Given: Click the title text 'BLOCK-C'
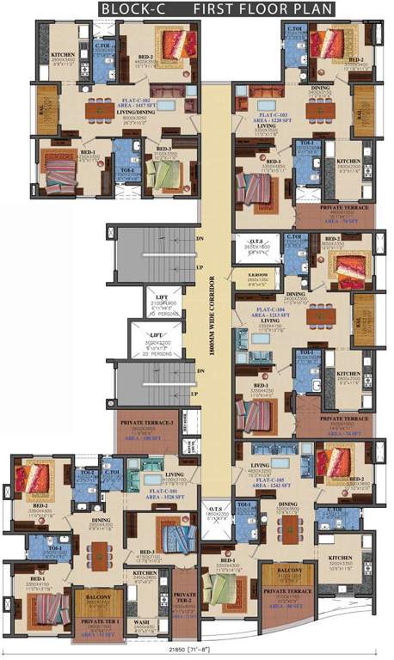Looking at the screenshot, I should (132, 9).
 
